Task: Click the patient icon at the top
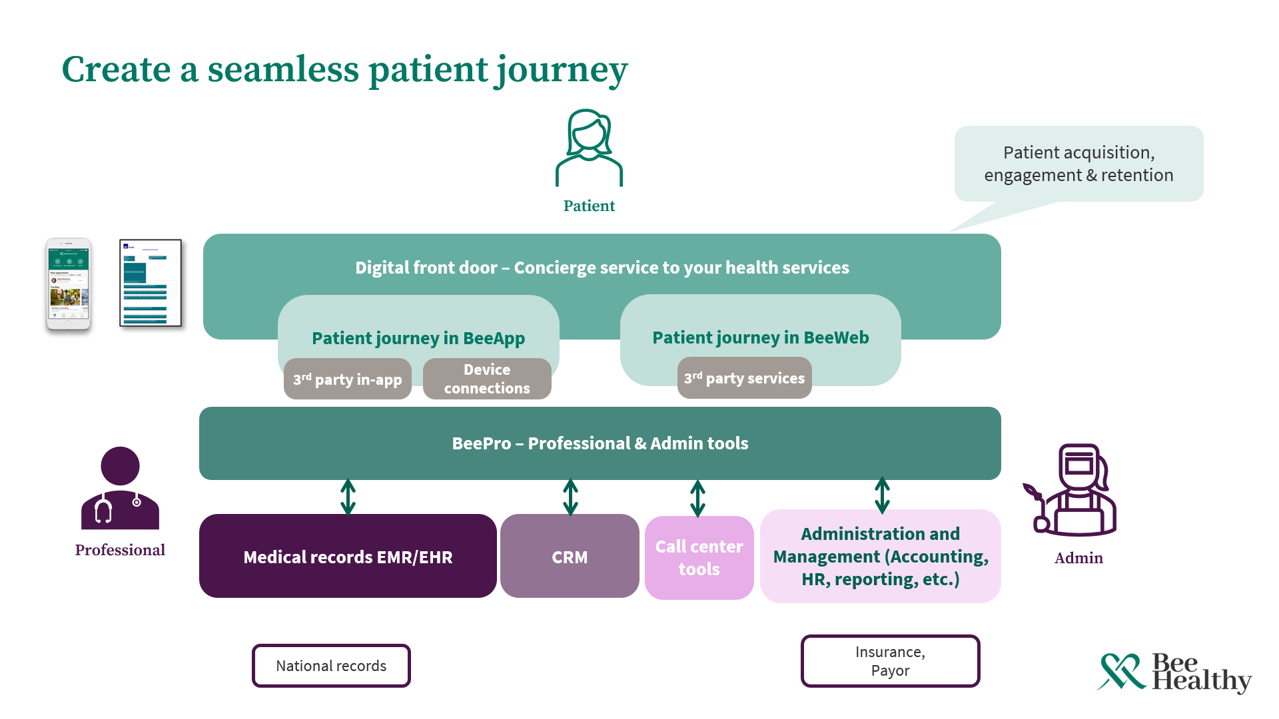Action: [589, 148]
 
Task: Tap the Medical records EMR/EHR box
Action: [348, 557]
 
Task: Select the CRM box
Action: [570, 557]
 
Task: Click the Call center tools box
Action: [699, 558]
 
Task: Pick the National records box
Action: [331, 666]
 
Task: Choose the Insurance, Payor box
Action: [890, 661]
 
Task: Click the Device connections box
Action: [487, 379]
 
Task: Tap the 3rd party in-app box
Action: [348, 379]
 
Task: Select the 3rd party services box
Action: [744, 378]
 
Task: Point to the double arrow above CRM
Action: [570, 497]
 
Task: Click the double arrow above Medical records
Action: [348, 497]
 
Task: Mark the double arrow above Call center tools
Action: [697, 498]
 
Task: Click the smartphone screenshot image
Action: [69, 284]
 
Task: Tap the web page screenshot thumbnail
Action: [151, 283]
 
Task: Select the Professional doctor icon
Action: [120, 489]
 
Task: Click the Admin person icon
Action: [1072, 490]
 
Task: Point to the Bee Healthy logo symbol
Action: [1122, 671]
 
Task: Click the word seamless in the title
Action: [283, 69]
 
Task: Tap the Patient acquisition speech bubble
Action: [1078, 164]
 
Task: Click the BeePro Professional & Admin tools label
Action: [600, 443]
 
